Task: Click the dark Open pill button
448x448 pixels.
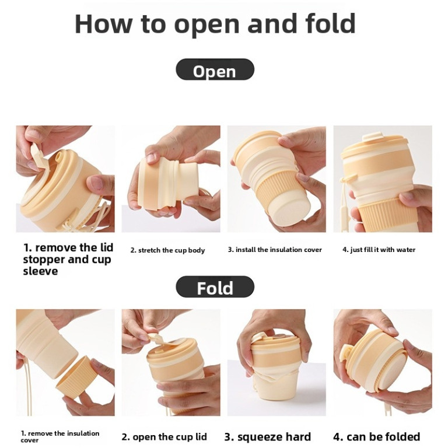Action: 215,69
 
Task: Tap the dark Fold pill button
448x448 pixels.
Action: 215,287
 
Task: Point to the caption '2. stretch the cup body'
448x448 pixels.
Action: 168,250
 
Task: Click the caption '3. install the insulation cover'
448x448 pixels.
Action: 275,250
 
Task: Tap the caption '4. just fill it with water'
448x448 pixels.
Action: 379,250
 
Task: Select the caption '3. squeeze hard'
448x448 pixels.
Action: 268,437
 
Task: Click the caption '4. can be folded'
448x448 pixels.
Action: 377,436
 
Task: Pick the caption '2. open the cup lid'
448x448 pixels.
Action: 164,437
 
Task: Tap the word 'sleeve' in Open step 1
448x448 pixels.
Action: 40,271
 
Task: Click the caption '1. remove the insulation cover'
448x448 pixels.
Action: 60,436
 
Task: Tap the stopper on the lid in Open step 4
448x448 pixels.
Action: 373,137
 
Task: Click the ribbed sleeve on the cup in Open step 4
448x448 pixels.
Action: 383,213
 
